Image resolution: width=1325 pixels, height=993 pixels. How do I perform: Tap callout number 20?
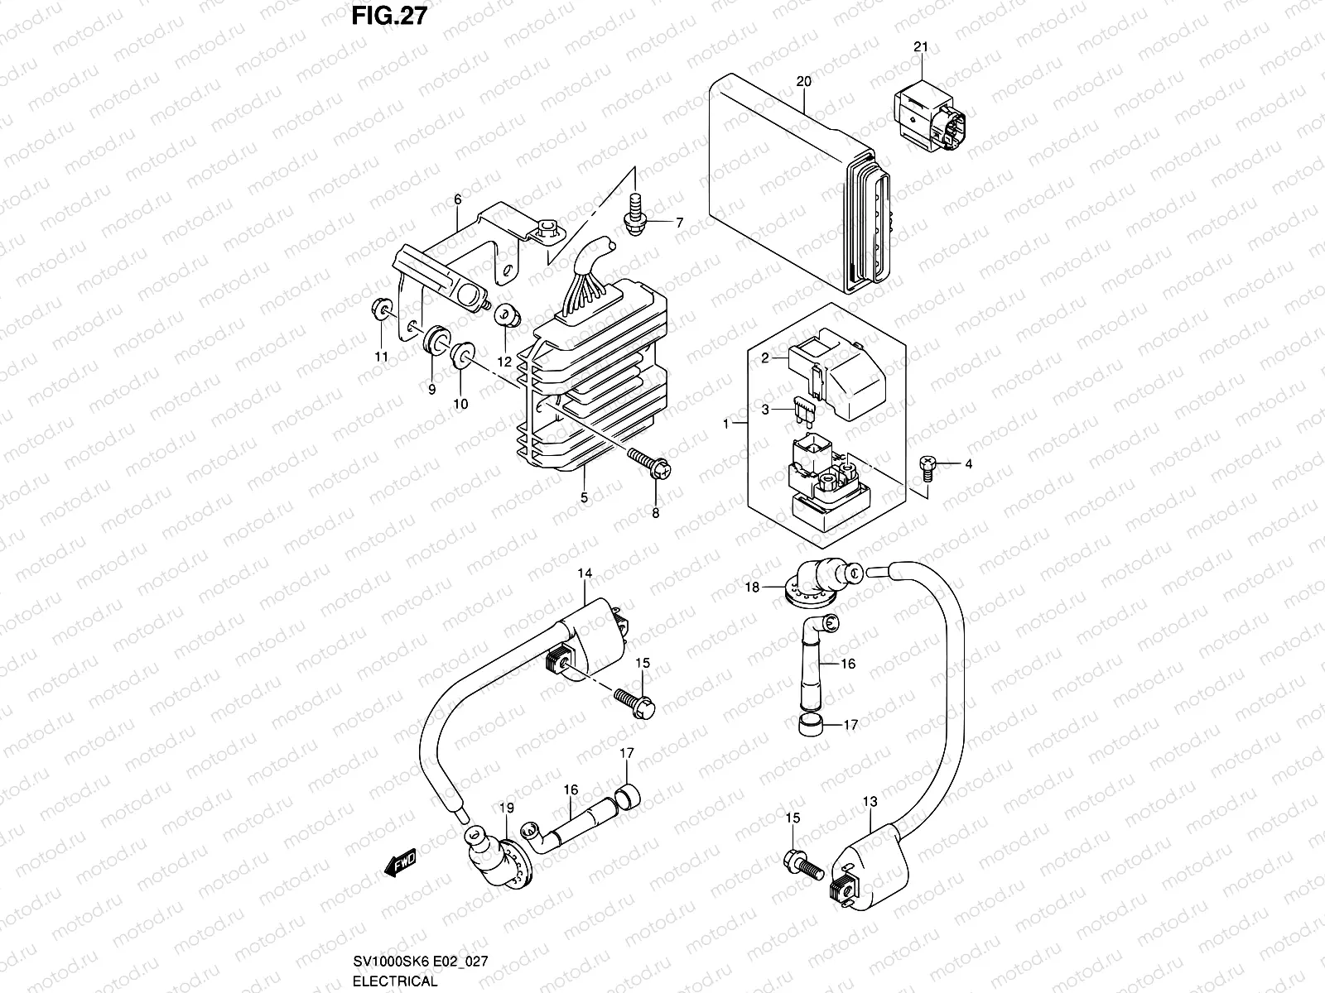(x=803, y=81)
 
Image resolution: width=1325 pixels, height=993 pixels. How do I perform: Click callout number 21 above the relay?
(x=921, y=47)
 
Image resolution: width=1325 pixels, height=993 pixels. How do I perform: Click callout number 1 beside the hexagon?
(x=726, y=423)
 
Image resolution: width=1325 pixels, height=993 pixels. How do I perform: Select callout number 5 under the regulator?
(x=584, y=497)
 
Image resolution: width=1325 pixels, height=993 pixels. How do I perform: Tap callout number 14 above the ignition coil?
(x=585, y=573)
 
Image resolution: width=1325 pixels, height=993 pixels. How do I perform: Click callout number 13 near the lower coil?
(x=869, y=802)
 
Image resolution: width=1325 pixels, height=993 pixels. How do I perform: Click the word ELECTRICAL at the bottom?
(x=394, y=981)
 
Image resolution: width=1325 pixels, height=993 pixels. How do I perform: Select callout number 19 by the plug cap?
(x=507, y=808)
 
